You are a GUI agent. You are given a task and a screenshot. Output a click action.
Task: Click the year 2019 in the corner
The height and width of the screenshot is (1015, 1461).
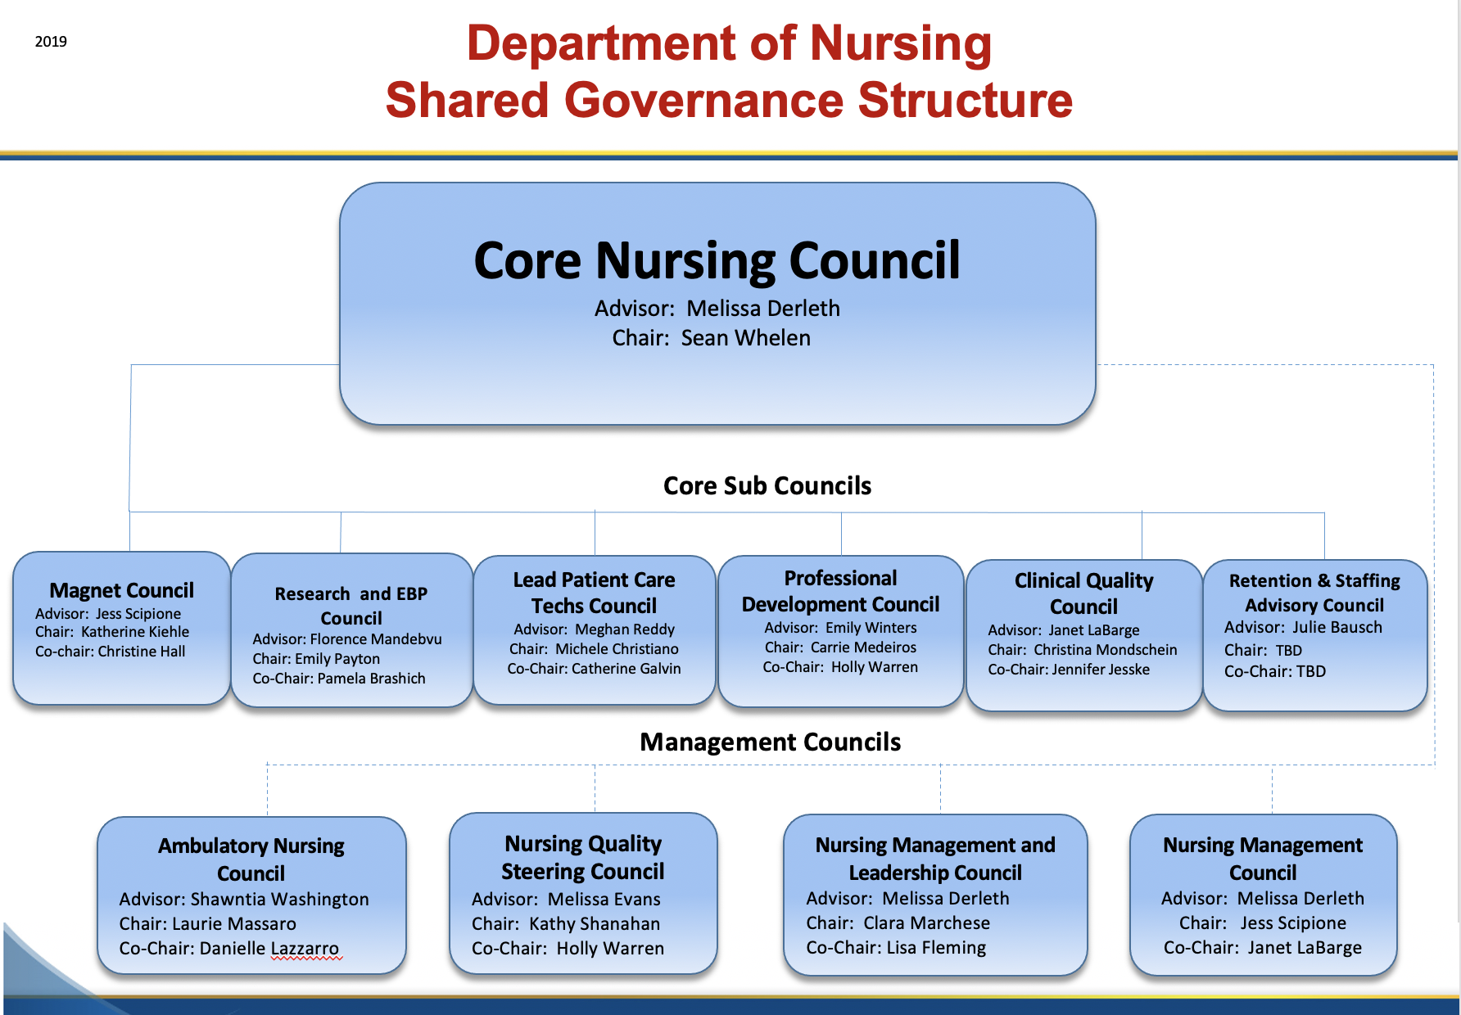click(51, 42)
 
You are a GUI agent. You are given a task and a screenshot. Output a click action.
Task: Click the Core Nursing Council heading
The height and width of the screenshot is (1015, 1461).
click(717, 260)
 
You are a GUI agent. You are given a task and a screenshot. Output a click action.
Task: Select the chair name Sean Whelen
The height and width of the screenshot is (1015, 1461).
click(746, 338)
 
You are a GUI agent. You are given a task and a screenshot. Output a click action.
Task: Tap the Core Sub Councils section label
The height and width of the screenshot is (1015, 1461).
click(767, 485)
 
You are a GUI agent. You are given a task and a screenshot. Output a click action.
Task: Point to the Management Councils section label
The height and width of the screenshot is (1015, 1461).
click(770, 742)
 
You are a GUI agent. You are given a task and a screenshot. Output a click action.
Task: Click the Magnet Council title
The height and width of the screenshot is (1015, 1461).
click(122, 590)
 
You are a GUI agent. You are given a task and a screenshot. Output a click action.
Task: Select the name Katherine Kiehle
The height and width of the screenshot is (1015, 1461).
click(135, 632)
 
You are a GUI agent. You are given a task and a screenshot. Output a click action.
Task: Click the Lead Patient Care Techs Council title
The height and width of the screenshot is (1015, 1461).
click(595, 593)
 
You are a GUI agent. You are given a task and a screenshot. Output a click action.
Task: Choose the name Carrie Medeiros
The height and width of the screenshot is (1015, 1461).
click(864, 647)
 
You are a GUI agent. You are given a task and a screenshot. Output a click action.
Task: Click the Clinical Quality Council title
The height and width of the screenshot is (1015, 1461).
click(1083, 593)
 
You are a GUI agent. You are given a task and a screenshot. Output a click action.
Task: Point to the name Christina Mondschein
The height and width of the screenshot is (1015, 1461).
click(1106, 650)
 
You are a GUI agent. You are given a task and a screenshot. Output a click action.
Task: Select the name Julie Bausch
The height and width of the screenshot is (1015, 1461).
click(1337, 628)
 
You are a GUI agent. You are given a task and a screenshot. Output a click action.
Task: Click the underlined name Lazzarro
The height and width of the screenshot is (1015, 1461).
click(305, 949)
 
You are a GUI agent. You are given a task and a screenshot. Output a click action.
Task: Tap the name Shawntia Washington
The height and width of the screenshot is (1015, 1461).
click(280, 900)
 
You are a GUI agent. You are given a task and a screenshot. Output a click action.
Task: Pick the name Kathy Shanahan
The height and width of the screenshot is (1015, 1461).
click(595, 924)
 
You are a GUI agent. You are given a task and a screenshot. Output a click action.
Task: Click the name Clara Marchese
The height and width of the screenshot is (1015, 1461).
click(927, 923)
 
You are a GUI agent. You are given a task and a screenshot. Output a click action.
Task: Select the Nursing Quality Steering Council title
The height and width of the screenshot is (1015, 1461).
click(583, 857)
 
